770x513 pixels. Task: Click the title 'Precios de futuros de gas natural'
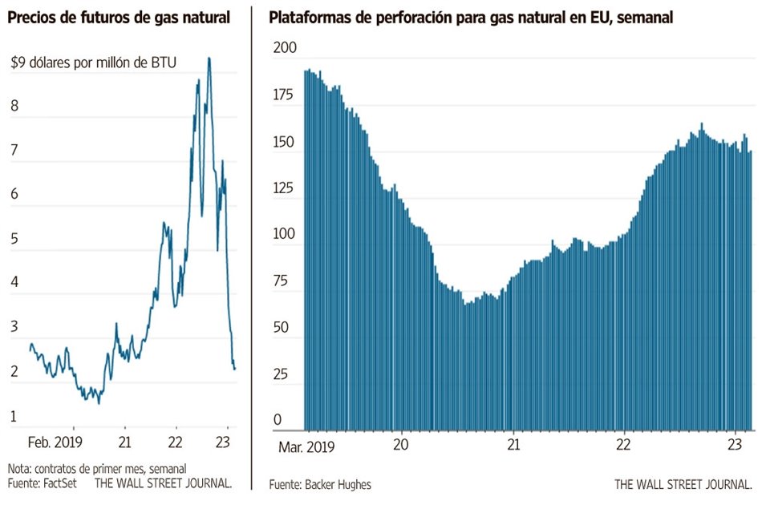point(120,18)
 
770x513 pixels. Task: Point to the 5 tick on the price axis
point(14,238)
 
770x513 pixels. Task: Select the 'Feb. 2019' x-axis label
point(55,442)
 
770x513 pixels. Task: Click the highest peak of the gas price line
point(209,59)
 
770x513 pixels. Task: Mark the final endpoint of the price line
point(235,369)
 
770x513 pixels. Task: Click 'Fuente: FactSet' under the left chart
point(37,483)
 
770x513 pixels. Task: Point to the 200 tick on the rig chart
point(285,50)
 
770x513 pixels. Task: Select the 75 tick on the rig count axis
point(285,281)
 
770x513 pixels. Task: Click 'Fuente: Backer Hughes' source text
point(321,484)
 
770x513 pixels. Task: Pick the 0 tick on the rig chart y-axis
point(278,420)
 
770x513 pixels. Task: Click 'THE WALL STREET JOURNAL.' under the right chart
point(683,484)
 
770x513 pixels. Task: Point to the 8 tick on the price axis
point(14,105)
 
